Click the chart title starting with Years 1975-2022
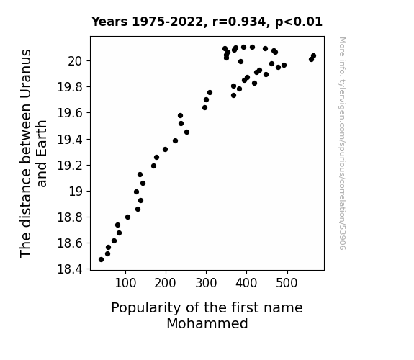(207, 22)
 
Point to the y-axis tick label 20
(76, 61)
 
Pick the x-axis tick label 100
(125, 283)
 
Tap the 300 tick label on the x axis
(206, 283)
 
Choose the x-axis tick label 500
(287, 283)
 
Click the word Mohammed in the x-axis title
(207, 323)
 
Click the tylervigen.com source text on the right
(342, 143)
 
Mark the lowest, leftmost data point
(101, 260)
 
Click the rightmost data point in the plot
(313, 55)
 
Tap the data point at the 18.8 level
(127, 217)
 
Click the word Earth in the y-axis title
(42, 154)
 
